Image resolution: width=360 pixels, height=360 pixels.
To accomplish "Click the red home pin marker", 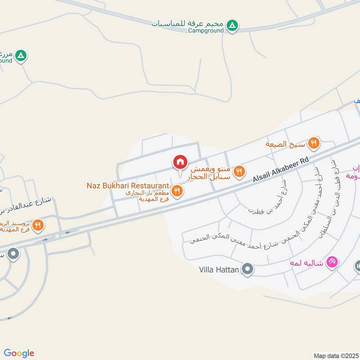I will coord(180,162).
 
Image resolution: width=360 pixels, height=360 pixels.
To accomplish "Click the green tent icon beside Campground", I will coord(232,26).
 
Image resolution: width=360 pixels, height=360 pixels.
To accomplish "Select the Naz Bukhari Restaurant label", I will coord(128,185).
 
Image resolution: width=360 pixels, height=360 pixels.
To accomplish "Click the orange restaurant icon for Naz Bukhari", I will coord(178,191).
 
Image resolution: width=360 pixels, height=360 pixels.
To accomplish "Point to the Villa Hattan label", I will coord(219,270).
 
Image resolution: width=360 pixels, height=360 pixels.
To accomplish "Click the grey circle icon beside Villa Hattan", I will coord(247,270).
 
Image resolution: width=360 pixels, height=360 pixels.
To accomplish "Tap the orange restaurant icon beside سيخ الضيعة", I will coord(314,144).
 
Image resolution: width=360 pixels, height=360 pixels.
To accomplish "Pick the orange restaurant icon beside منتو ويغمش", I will coord(239,171).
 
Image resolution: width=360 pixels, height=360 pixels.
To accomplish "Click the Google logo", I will coord(19,353).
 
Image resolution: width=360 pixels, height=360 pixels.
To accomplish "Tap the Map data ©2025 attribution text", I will coord(335,355).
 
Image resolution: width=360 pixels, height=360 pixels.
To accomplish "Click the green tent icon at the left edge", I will coord(21,56).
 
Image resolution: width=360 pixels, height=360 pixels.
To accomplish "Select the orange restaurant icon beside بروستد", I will coord(38,225).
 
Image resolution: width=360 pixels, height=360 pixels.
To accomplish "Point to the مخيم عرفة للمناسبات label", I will coord(186,23).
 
